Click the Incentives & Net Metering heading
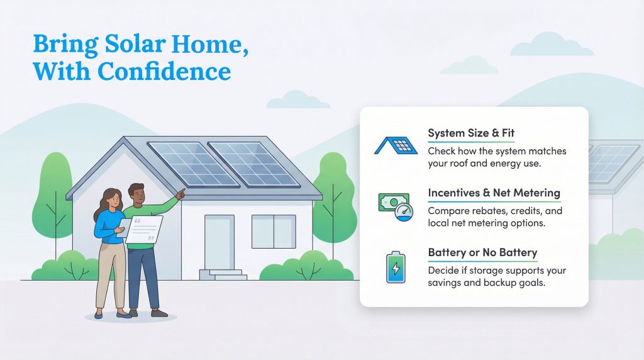click(494, 193)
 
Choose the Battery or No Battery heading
click(482, 252)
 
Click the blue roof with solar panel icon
click(396, 145)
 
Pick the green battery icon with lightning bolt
click(396, 267)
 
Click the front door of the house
click(219, 242)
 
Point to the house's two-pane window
click(274, 231)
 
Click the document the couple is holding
click(144, 228)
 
